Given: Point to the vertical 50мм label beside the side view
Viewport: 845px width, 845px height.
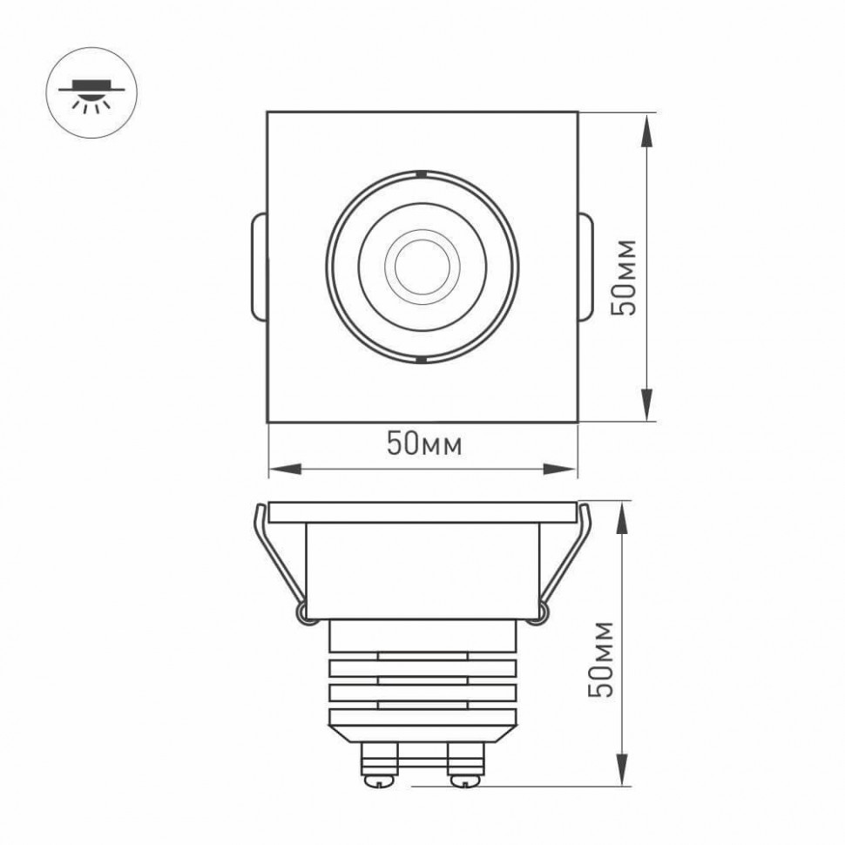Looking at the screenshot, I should pos(600,659).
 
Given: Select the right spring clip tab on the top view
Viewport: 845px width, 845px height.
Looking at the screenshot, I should pos(585,267).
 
